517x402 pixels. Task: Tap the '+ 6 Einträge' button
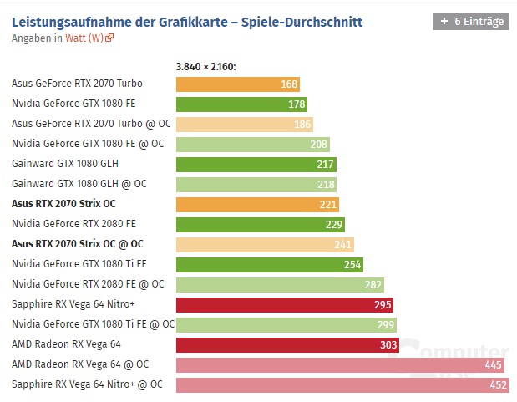click(470, 22)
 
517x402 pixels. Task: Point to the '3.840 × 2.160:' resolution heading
click(206, 66)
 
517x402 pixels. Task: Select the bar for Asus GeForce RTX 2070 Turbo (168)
click(238, 84)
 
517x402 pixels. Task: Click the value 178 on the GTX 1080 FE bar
click(297, 104)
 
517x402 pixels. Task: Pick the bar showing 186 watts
click(244, 124)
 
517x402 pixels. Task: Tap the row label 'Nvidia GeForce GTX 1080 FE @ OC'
click(88, 144)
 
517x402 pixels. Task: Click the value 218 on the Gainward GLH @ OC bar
click(326, 184)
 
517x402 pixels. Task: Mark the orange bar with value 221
click(257, 204)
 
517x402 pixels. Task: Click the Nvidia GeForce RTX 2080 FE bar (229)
click(260, 224)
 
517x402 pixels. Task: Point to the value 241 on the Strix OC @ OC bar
click(343, 244)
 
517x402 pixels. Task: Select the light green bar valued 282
click(280, 284)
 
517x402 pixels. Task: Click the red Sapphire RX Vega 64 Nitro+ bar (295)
click(284, 304)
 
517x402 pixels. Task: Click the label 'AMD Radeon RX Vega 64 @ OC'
click(80, 364)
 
